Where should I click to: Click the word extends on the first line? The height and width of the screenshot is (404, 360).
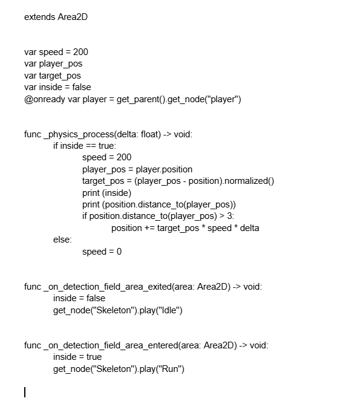pos(40,17)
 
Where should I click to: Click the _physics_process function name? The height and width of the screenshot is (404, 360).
pos(79,134)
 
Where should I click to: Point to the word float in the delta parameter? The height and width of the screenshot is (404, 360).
pos(151,134)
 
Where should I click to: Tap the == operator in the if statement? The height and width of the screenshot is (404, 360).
pos(91,146)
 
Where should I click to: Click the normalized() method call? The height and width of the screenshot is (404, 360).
pos(249,181)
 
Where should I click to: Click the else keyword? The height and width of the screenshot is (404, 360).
pos(62,239)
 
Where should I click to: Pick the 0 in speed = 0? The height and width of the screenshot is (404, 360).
pos(119,252)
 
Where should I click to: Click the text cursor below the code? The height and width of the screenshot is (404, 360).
pos(25,392)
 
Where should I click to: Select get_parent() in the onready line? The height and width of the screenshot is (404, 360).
pos(141,99)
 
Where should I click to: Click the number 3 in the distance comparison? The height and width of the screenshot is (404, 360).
pos(229,216)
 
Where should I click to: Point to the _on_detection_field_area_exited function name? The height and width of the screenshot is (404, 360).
pos(108,287)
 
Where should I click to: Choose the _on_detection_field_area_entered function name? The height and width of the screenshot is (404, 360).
pos(111,345)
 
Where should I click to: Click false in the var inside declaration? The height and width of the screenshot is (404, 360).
pos(82,87)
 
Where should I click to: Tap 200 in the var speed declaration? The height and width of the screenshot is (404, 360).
pos(80,52)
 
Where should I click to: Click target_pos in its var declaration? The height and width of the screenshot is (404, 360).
pos(60,76)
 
